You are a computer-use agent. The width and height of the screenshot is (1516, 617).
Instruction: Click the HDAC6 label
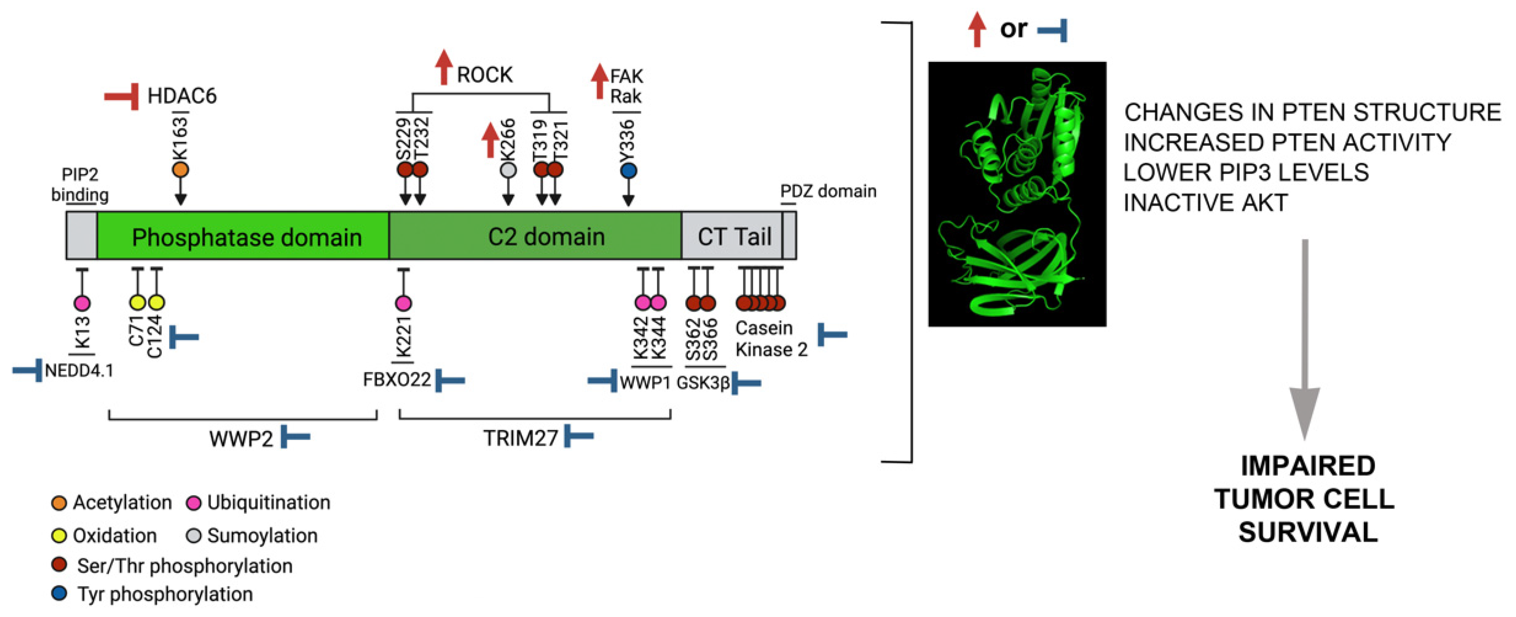(181, 95)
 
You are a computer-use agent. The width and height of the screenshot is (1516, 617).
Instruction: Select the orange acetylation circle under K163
(181, 170)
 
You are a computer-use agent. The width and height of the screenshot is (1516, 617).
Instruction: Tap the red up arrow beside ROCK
(444, 67)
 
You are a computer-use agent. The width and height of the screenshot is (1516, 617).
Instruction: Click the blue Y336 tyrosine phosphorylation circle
(629, 171)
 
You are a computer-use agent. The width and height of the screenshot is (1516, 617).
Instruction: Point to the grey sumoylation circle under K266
(508, 170)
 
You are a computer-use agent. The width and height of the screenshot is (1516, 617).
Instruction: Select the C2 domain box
(546, 236)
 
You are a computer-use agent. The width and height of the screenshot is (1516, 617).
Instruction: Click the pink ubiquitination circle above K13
(82, 303)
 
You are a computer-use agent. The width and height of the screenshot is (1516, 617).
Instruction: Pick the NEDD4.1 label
(79, 371)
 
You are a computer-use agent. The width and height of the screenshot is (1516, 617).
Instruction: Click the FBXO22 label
(397, 380)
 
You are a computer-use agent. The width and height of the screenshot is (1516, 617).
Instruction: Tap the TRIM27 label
(520, 438)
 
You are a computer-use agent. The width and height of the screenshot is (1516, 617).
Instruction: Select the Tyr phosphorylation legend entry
(165, 594)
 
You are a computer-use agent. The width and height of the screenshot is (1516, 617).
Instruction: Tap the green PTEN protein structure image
(1017, 194)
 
